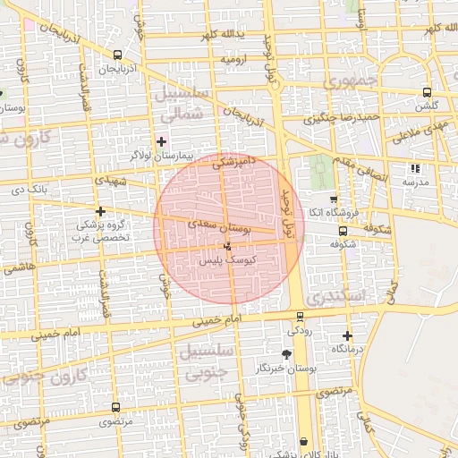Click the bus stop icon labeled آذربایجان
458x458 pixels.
click(118, 55)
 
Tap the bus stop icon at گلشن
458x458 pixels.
click(427, 92)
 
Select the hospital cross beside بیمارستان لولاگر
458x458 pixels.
click(161, 141)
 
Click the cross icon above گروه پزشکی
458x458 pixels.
click(100, 212)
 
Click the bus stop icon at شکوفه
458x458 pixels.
click(343, 231)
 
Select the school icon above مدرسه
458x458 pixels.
click(413, 167)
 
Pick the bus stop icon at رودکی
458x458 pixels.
click(299, 315)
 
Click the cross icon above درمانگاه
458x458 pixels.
click(347, 335)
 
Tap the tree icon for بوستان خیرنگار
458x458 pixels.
click(286, 355)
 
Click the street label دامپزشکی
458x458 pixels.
click(233, 161)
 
